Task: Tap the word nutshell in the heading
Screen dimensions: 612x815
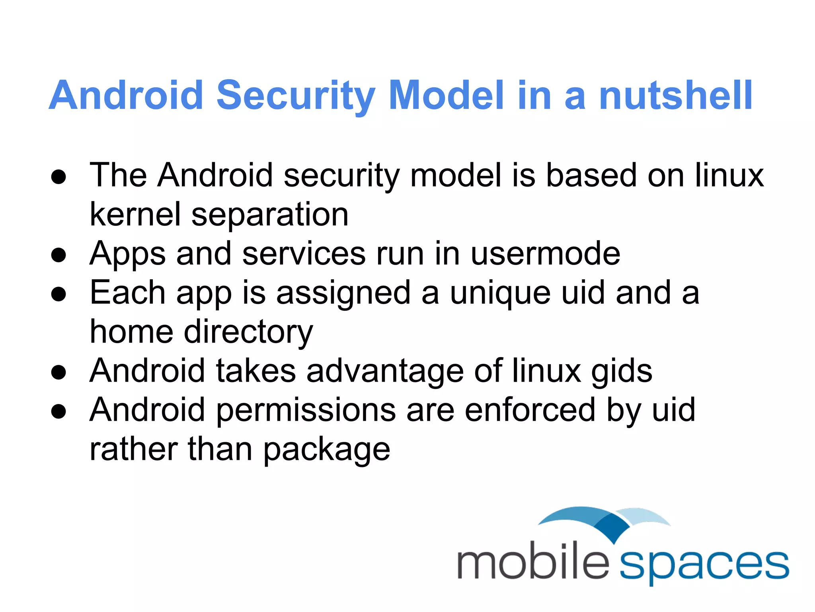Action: click(675, 96)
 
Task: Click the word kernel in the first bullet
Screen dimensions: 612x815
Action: click(135, 214)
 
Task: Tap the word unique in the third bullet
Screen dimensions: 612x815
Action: click(500, 293)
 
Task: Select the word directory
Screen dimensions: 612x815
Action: click(248, 332)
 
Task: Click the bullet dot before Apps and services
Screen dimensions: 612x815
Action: click(58, 255)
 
